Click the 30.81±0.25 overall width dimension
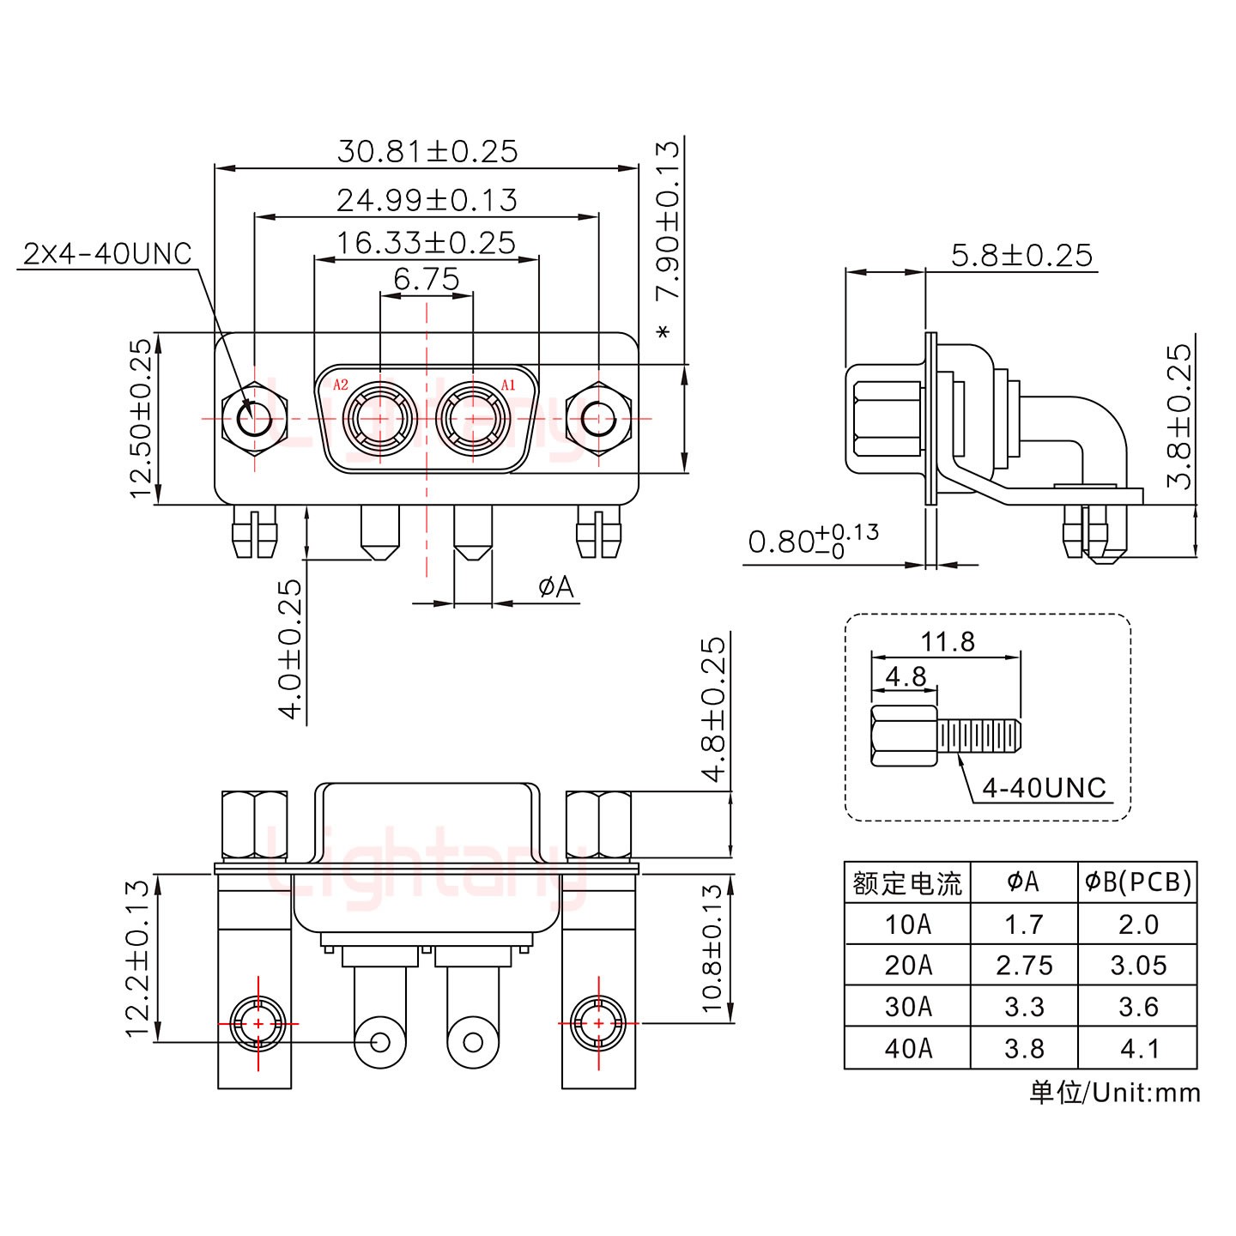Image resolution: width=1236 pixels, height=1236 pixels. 427,151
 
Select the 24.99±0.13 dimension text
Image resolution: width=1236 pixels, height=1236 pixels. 427,200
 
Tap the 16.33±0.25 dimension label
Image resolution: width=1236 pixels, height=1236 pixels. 427,243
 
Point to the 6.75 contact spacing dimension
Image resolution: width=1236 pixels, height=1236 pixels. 427,279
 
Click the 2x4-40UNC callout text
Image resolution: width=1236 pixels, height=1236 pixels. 108,253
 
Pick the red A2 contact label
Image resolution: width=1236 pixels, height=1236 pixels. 341,385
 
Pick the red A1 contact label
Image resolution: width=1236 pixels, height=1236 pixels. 508,385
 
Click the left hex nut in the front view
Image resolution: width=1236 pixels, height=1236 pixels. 254,421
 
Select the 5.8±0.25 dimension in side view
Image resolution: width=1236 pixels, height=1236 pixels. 1021,255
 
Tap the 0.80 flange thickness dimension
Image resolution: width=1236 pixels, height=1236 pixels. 812,542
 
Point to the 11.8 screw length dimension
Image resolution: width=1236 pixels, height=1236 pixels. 948,641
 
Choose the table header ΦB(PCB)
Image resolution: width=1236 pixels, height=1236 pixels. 1137,882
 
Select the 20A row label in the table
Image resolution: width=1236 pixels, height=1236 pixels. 907,966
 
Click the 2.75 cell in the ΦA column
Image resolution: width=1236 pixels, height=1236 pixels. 1023,966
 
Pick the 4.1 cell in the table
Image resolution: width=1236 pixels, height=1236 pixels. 1137,1048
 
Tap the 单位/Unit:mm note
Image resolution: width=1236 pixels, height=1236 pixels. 1114,1092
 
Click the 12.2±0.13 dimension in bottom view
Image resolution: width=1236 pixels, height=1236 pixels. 138,957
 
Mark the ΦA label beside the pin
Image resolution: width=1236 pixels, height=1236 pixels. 555,587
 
